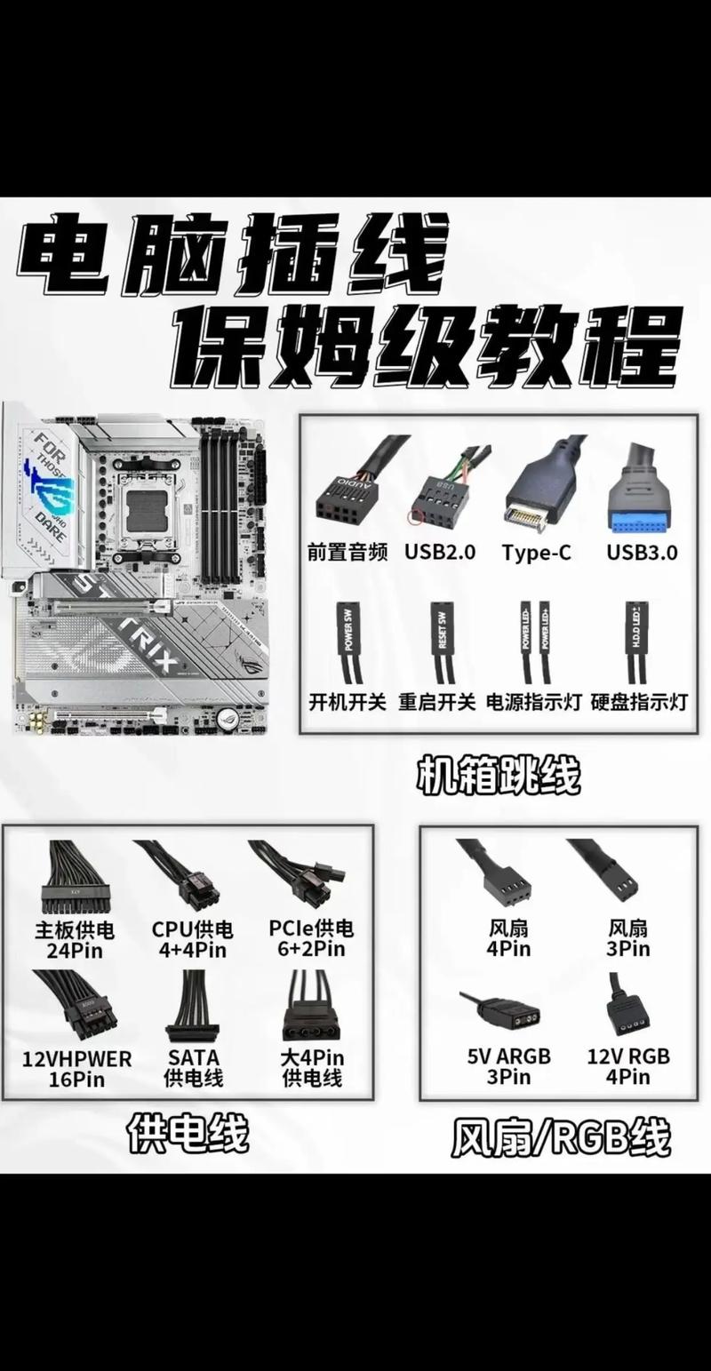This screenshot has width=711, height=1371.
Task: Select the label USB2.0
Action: click(x=440, y=552)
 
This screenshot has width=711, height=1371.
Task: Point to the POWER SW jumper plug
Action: click(x=348, y=632)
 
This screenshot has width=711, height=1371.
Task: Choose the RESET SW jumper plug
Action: click(x=442, y=632)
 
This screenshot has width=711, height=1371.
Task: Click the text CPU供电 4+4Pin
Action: click(x=192, y=939)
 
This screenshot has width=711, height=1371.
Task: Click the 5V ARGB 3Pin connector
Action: click(x=511, y=1012)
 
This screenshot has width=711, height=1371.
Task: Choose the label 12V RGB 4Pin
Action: click(x=628, y=1066)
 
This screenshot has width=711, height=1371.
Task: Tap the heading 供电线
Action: click(x=188, y=1133)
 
